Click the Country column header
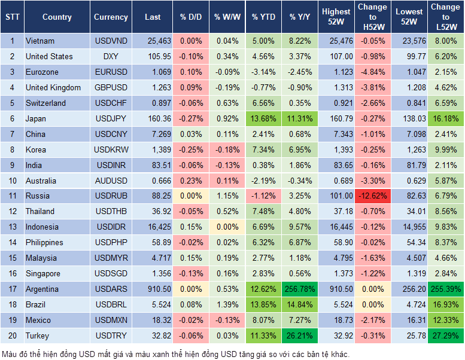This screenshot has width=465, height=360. pos(57,17)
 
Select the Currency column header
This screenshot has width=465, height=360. pos(111,17)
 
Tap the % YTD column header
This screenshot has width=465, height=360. pos(263,17)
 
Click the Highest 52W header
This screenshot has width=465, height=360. pos(336,17)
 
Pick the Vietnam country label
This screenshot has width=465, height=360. pos(40,41)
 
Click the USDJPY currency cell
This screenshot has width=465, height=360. pos(111,118)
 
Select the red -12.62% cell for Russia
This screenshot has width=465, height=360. pos(372,196)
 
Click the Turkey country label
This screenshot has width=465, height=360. pos(37,335)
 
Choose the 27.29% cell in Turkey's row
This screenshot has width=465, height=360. pos(445,335)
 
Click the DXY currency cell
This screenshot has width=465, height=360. pos(111,57)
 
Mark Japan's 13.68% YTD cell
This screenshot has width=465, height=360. pos(263,118)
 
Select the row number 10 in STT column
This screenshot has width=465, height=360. pos(12,181)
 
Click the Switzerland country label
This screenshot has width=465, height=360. pos(45,103)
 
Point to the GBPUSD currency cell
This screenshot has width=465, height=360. pos(111,87)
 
